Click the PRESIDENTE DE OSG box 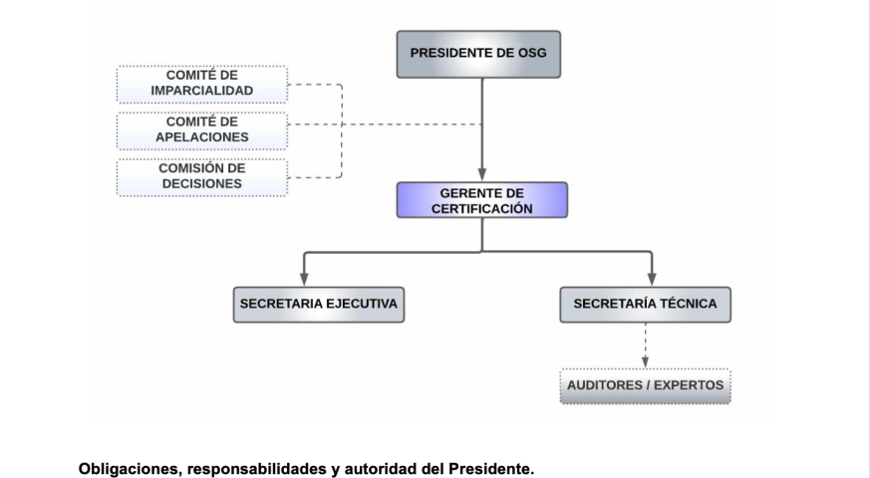pyautogui.click(x=478, y=54)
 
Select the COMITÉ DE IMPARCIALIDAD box pyautogui.click(x=202, y=85)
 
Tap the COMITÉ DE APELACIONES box pyautogui.click(x=202, y=130)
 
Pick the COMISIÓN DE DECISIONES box pyautogui.click(x=202, y=177)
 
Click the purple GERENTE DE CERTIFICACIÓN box pyautogui.click(x=481, y=200)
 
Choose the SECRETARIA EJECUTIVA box pyautogui.click(x=319, y=305)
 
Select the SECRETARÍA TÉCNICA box pyautogui.click(x=646, y=305)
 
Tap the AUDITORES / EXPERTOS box pyautogui.click(x=646, y=386)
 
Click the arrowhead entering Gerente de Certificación pyautogui.click(x=482, y=174)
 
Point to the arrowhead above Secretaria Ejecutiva pyautogui.click(x=304, y=279)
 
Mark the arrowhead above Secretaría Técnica pyautogui.click(x=652, y=279)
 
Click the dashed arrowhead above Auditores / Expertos pyautogui.click(x=646, y=362)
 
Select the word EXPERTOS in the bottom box pyautogui.click(x=689, y=385)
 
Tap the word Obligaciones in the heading pyautogui.click(x=130, y=469)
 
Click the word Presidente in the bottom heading pyautogui.click(x=491, y=469)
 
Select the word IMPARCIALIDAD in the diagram pyautogui.click(x=202, y=91)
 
